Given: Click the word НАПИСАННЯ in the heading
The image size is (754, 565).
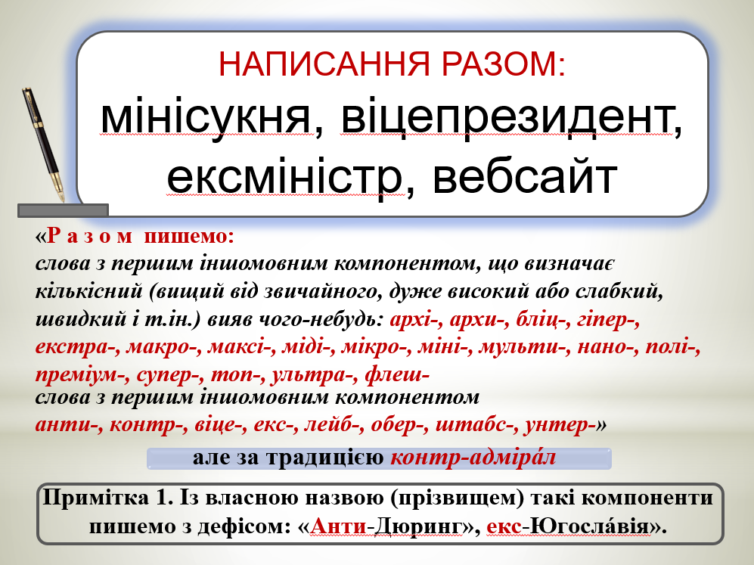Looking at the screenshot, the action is pos(324,64).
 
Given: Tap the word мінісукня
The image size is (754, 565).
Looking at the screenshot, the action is pos(211,118).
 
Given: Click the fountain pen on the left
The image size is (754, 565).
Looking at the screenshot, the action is pos(43,144).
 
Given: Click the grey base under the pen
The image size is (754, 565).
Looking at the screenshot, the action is pos(63,210).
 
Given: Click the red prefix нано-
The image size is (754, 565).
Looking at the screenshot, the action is pos(606,346).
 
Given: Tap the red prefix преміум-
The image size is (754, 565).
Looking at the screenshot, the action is pos(82,374).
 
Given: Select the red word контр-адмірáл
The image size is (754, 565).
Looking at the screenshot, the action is pos(473,458).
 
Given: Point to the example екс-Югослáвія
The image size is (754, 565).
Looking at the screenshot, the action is pos(568,526).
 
